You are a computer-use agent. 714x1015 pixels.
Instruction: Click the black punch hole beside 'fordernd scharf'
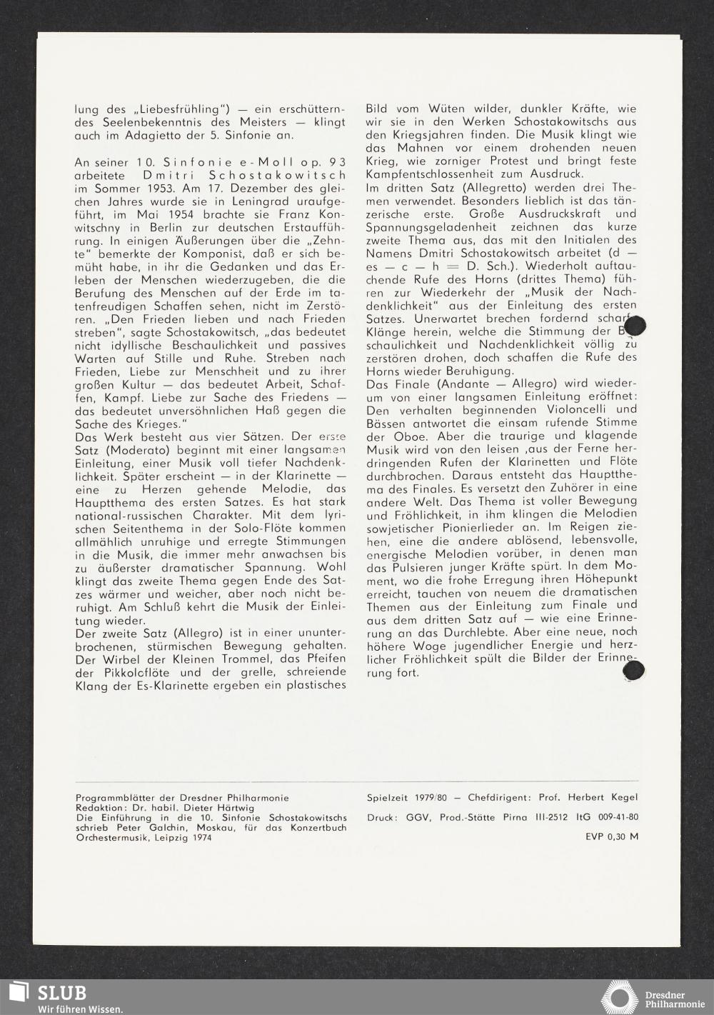(x=634, y=326)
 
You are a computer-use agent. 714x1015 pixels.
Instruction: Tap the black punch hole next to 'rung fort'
(x=633, y=670)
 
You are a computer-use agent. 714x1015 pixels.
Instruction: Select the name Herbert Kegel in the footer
(x=608, y=797)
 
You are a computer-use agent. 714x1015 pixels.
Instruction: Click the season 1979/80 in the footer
(x=432, y=797)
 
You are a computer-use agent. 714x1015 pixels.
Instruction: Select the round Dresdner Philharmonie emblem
(x=619, y=997)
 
